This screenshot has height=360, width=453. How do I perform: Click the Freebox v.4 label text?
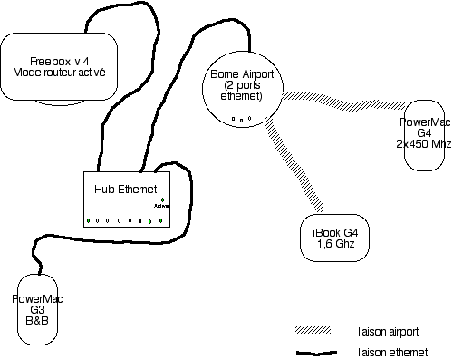point(60,62)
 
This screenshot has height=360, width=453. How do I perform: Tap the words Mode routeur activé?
point(59,73)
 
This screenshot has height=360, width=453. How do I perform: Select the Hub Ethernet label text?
point(126,190)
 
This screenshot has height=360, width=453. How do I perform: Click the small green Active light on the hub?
point(162,199)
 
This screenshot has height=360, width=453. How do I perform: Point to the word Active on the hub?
point(161,206)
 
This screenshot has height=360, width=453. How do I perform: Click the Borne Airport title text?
point(242,74)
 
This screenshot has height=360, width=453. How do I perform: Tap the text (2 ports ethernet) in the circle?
point(242,91)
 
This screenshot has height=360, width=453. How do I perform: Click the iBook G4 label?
point(335,233)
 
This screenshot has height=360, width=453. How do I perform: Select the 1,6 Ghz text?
point(335,244)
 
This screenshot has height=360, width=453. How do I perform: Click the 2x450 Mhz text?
point(424,144)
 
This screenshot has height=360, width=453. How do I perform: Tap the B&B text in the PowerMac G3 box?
point(37,320)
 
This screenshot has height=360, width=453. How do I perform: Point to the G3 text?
point(37,310)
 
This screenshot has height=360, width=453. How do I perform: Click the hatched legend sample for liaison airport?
point(313,330)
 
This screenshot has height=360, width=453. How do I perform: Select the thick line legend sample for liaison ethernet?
point(316,353)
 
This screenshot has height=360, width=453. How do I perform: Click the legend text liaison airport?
point(389,332)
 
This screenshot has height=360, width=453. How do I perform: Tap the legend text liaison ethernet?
point(393,353)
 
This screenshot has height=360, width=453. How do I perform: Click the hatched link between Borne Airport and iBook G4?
point(294,164)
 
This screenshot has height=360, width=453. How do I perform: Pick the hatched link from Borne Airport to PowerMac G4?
point(343,101)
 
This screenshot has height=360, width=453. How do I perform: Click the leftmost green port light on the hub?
point(88,221)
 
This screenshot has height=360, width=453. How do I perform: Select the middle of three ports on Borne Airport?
point(241,121)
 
